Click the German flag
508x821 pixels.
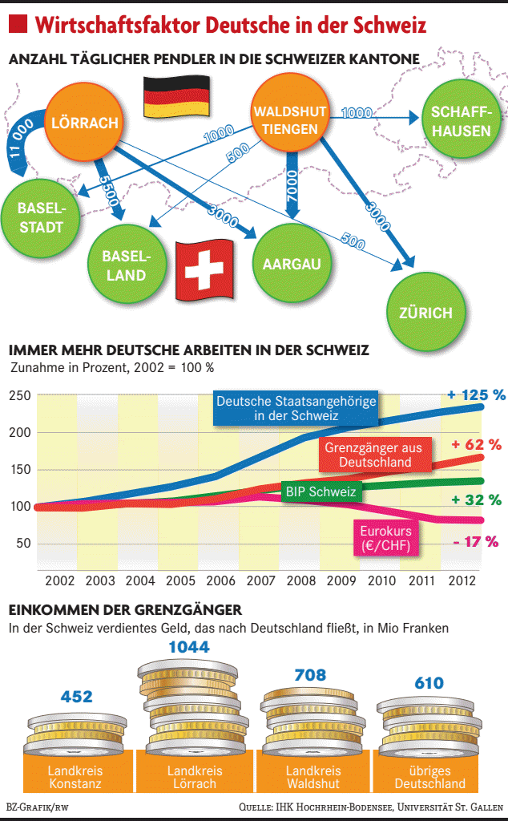point(175,97)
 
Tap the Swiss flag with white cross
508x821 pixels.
point(204,269)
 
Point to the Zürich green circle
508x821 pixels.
point(425,313)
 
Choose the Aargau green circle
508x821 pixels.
point(292,263)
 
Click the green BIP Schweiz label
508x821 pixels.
point(321,491)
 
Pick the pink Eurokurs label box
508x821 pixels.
point(386,539)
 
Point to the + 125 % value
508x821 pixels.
point(477,394)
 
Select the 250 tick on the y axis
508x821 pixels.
point(21,396)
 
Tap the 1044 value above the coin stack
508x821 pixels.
point(189,646)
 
